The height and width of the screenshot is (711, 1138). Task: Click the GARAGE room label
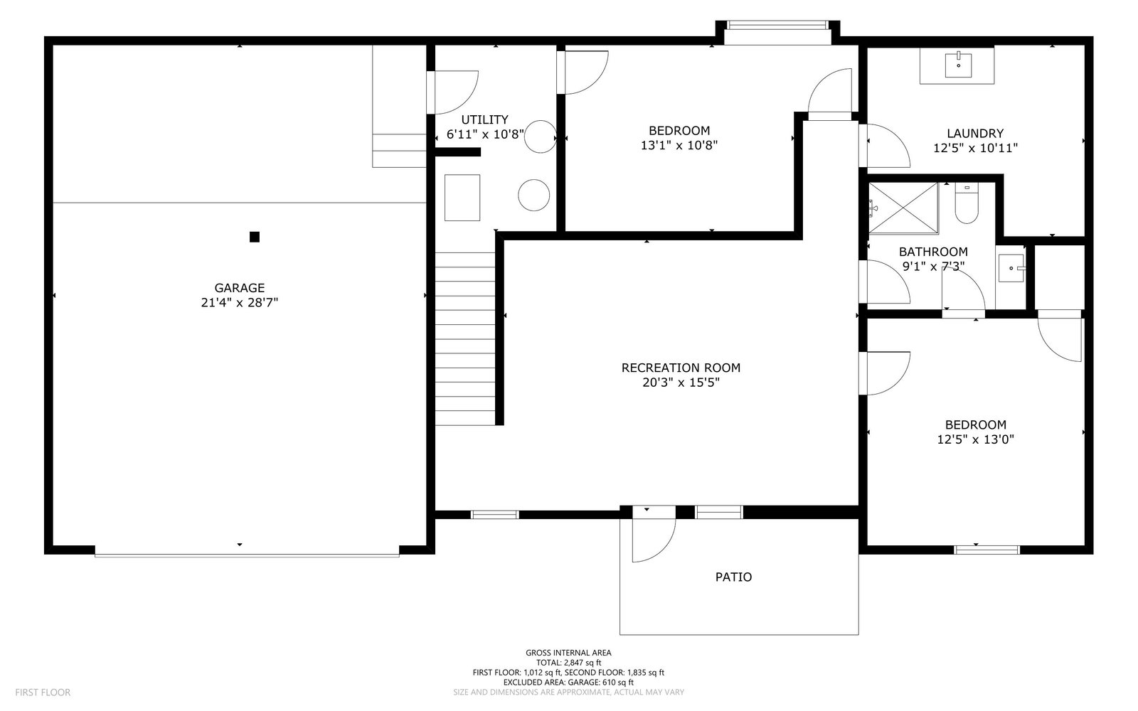(x=239, y=288)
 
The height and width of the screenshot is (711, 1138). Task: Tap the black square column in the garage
(x=255, y=237)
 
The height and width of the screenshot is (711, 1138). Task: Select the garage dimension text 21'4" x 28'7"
(x=239, y=303)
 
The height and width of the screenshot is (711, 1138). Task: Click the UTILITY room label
(x=484, y=119)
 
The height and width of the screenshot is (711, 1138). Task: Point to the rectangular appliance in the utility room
(x=462, y=198)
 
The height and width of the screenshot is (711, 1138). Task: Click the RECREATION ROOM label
(x=681, y=368)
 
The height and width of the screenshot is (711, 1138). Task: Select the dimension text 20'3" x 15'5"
(x=681, y=383)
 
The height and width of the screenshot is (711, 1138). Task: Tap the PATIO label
(x=733, y=577)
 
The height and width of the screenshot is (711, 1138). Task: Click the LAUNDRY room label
(x=975, y=134)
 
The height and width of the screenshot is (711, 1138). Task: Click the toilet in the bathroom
(x=967, y=203)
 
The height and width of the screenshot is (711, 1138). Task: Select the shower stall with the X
(x=903, y=208)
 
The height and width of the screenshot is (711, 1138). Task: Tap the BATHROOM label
(x=933, y=252)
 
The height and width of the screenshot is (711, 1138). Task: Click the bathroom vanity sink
(x=1011, y=267)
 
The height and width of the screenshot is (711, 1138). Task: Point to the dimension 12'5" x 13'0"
(x=975, y=439)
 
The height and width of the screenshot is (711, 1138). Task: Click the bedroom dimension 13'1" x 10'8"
(x=679, y=145)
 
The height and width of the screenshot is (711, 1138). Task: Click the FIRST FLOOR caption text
(x=43, y=693)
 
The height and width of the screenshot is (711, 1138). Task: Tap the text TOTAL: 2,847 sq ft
(x=568, y=663)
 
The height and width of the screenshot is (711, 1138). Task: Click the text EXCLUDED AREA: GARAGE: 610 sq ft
(x=568, y=682)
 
